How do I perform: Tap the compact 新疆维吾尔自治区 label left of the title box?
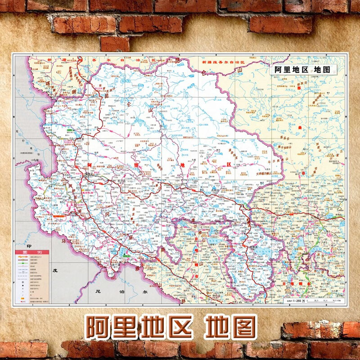[223, 61]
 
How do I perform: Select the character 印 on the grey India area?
[30, 247]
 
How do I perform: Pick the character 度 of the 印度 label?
[55, 271]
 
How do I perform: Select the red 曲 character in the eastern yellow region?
[300, 128]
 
